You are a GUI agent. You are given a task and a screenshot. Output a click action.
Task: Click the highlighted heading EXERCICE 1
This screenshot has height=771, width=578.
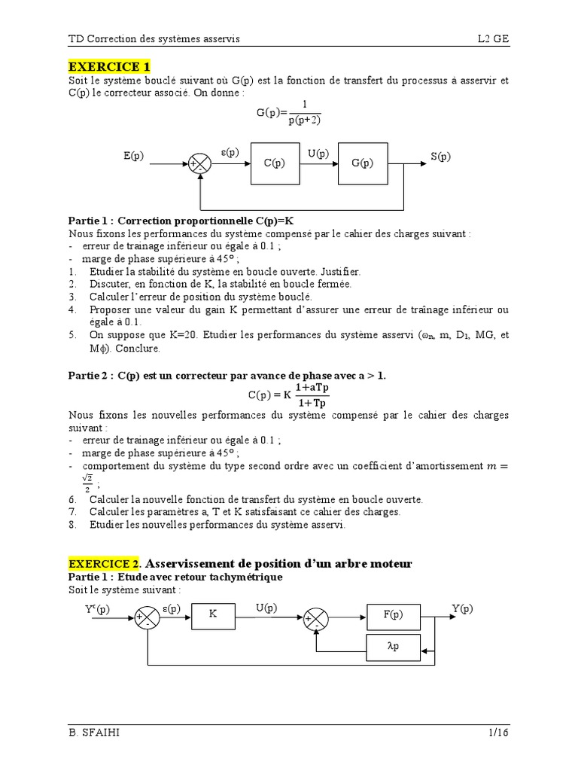[109, 66]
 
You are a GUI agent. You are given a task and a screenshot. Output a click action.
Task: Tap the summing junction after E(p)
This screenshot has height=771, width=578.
[200, 163]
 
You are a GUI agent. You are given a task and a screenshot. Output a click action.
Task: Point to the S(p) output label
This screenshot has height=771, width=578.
[440, 157]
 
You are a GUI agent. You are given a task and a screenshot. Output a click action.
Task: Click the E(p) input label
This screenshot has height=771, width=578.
[134, 157]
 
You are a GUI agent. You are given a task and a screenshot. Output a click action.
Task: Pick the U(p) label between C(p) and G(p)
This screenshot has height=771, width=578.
[318, 154]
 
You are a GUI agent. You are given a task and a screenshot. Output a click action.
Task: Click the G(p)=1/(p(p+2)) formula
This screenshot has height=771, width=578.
[288, 112]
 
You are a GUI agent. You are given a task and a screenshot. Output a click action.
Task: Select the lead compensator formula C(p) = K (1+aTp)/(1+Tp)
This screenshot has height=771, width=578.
[288, 395]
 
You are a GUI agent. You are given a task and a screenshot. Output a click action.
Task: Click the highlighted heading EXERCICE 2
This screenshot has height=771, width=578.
[104, 563]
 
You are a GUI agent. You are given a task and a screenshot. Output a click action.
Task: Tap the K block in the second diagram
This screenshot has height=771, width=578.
[213, 614]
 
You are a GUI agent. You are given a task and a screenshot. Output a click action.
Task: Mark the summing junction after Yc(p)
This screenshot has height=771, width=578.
[143, 620]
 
